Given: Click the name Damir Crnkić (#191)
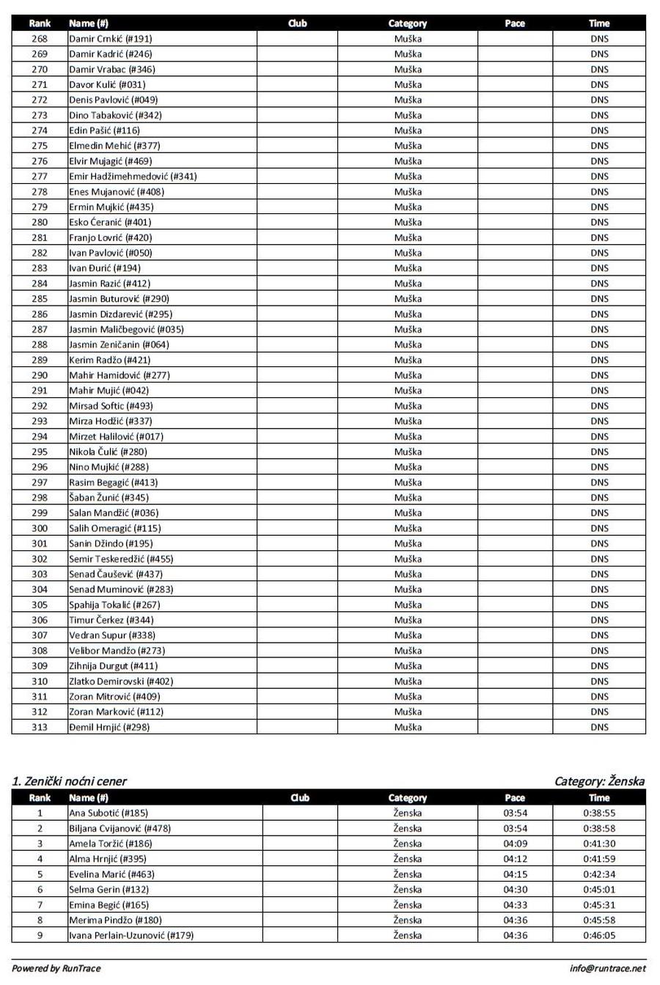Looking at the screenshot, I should pyautogui.click(x=110, y=39).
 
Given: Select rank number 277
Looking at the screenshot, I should pyautogui.click(x=40, y=177).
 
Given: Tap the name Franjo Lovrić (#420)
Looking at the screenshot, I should pyautogui.click(x=110, y=237).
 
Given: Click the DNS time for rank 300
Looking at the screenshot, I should pyautogui.click(x=599, y=528).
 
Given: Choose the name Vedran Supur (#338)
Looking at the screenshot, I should pyautogui.click(x=111, y=635).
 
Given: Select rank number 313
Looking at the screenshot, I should pyautogui.click(x=40, y=727).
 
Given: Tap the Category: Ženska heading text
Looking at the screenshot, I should pyautogui.click(x=599, y=781).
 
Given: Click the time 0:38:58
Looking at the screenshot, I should pyautogui.click(x=599, y=828).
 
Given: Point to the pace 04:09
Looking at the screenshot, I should pyautogui.click(x=515, y=844).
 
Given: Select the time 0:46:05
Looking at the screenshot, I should pyautogui.click(x=599, y=935).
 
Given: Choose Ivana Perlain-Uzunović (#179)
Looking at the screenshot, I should pyautogui.click(x=131, y=935).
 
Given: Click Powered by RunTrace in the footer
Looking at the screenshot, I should pyautogui.click(x=56, y=969).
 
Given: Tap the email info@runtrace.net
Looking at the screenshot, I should pyautogui.click(x=608, y=969).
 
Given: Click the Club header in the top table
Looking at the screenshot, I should pyautogui.click(x=297, y=23).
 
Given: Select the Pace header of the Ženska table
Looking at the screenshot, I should pyautogui.click(x=515, y=797).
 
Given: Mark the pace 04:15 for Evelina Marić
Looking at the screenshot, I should pyautogui.click(x=515, y=874).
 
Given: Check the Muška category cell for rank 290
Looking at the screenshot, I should pyautogui.click(x=408, y=375).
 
